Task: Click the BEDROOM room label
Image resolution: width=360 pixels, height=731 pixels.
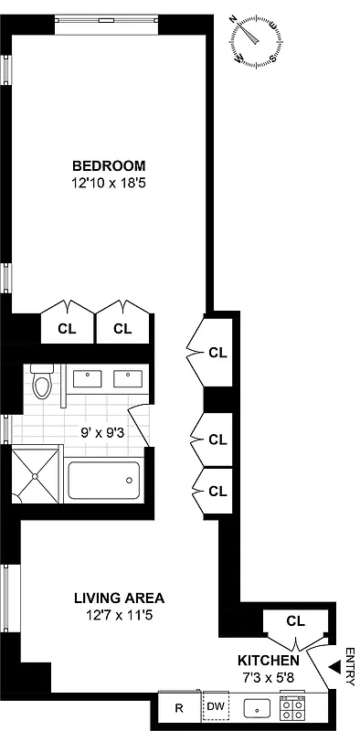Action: (109, 165)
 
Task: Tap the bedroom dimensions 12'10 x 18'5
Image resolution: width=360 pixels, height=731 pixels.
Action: (109, 182)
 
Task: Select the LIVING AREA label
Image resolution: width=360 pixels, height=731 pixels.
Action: (120, 599)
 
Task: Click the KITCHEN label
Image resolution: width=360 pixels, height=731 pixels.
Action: (268, 660)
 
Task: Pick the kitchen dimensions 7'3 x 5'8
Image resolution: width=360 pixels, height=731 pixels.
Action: (268, 676)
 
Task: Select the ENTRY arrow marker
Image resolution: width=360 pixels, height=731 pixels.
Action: (347, 654)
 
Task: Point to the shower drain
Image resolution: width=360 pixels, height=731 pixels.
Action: (35, 477)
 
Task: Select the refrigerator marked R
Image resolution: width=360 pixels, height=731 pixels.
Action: (178, 707)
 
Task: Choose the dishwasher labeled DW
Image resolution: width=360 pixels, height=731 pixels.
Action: (216, 707)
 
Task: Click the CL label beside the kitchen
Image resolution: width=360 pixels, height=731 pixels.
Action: (294, 620)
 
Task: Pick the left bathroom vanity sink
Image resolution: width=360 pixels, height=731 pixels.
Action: (88, 377)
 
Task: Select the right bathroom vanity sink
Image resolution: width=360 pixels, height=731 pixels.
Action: (124, 377)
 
